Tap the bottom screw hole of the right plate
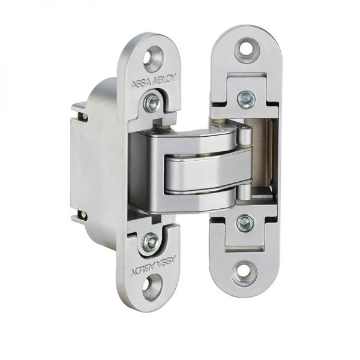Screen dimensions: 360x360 [x=243, y=273]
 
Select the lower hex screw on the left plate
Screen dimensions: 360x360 [x=151, y=242]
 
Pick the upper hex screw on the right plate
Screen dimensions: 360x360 [x=245, y=99]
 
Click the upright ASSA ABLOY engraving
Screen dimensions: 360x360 [x=154, y=82]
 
